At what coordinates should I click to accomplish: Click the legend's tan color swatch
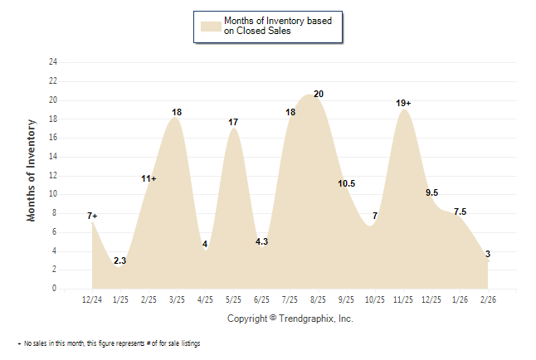211,26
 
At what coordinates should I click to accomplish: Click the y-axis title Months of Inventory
32,170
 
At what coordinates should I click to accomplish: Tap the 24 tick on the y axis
53,62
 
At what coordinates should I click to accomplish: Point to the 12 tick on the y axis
53,176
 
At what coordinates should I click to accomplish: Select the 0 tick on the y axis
55,289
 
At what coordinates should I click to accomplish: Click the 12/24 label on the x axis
92,298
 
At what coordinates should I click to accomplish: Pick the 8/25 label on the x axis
317,298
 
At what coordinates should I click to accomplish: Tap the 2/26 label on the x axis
488,298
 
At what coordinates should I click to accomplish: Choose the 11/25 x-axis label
403,298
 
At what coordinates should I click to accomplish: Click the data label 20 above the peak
319,94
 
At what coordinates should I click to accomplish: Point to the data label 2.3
120,261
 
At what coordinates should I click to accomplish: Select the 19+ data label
403,103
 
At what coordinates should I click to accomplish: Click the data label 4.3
261,242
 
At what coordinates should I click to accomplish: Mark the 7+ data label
92,216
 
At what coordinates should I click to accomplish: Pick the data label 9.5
432,192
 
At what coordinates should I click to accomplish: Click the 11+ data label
149,178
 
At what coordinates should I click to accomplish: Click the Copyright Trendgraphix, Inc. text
290,319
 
